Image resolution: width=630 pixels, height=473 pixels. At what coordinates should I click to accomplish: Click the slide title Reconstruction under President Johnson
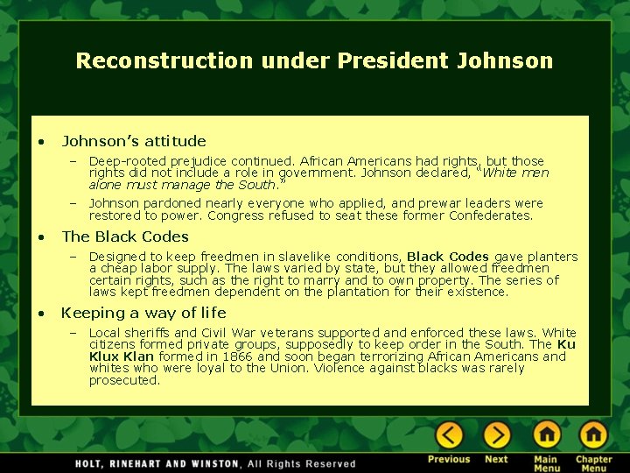tap(314, 60)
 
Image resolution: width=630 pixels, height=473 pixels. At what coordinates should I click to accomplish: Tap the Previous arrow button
tap(449, 435)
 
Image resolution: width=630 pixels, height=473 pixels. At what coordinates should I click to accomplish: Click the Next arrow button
tap(496, 435)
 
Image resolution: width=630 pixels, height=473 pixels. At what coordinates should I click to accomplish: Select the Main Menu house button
tap(546, 435)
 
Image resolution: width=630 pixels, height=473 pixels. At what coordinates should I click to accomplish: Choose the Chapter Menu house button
tap(593, 435)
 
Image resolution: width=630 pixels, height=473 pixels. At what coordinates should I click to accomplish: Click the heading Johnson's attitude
tap(134, 141)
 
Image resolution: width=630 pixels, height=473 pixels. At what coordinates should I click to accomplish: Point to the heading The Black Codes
tap(125, 236)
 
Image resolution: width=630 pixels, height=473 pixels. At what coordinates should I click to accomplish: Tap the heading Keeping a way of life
tap(143, 313)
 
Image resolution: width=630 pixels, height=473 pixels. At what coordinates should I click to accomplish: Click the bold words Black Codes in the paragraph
tap(448, 257)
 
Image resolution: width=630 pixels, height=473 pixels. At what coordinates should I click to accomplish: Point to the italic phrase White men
tap(516, 173)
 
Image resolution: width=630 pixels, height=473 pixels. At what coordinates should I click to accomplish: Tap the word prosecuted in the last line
tap(124, 380)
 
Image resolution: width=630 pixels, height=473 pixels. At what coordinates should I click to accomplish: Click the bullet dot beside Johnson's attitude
tap(40, 142)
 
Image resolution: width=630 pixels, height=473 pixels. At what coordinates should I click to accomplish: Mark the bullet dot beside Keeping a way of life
tap(40, 314)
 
